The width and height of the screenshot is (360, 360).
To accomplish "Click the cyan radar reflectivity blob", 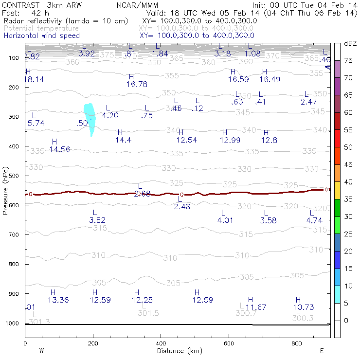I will point(90,117).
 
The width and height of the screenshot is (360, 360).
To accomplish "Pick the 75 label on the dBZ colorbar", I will point(348,61).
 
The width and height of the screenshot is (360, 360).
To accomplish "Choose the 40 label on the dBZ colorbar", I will point(348,182).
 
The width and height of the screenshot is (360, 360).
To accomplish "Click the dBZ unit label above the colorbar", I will point(350,44).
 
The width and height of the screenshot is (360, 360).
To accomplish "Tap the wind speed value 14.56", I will point(60,149).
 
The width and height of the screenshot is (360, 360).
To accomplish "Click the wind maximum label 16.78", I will point(137,84).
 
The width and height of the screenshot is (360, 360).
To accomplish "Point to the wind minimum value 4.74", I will point(314,220).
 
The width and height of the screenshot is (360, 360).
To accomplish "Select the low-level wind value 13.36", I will point(58,300).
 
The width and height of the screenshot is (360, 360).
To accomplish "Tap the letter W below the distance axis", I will point(41,351).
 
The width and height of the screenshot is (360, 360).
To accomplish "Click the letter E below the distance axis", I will point(322,351).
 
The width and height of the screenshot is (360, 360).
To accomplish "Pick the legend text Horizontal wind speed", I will point(42,36).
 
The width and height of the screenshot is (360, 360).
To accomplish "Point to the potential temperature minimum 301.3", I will point(40,322).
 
